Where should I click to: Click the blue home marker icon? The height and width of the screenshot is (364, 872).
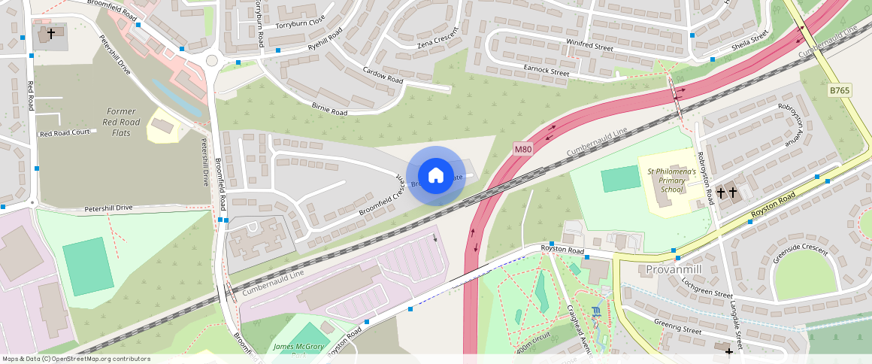(x=435, y=176)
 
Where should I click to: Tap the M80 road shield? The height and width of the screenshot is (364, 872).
(x=523, y=150)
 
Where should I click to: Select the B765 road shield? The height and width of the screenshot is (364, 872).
(x=840, y=90)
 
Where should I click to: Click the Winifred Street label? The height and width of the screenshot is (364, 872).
(x=589, y=46)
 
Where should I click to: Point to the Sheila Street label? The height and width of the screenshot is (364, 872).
(x=750, y=41)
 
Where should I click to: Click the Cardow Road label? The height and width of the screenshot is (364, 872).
(x=383, y=75)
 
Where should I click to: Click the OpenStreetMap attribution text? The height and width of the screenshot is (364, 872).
(x=77, y=359)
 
